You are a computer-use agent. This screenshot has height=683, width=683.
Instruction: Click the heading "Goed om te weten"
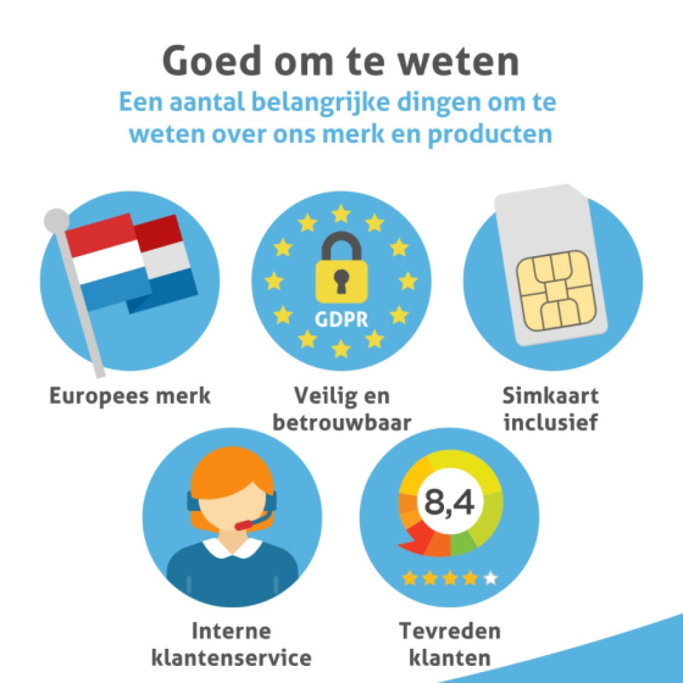pos(341,62)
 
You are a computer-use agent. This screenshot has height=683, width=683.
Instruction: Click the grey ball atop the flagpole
pos(56,220)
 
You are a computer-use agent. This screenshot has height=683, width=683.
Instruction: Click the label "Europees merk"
pos(130,395)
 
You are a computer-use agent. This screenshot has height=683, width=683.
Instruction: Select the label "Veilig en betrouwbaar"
pos(341,408)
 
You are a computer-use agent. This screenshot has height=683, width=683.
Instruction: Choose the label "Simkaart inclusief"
pos(550,408)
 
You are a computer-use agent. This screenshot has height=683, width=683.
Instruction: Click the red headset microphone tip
pos(242,526)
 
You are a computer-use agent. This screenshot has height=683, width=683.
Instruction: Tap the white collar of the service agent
pos(233,546)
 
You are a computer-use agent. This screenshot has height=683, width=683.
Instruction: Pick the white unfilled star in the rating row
pos(490,579)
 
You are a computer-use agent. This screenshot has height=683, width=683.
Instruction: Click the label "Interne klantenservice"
pos(232,643)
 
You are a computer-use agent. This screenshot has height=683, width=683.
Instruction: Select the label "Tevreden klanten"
pos(450,643)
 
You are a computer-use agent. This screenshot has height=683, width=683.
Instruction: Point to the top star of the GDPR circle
pos(341,214)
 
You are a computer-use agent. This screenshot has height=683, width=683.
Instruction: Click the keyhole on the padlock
pos(341,280)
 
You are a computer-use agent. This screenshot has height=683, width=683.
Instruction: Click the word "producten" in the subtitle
pos(489,133)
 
